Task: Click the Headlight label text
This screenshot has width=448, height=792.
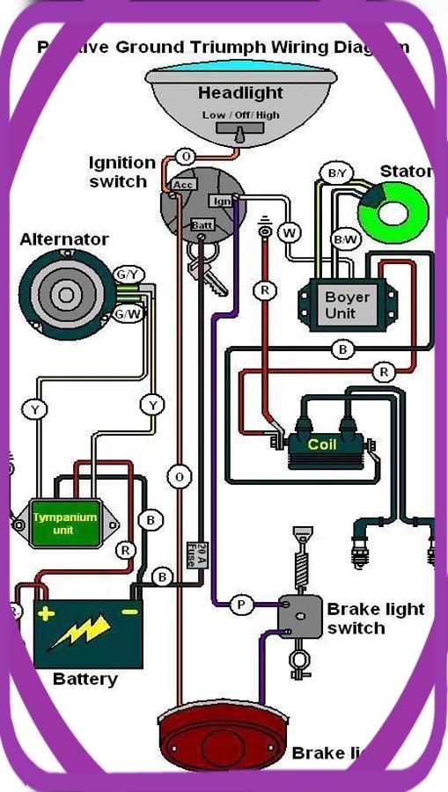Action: tap(240, 93)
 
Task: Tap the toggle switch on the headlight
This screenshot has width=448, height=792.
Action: tap(239, 132)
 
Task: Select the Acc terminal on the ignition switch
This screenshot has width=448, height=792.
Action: tap(183, 185)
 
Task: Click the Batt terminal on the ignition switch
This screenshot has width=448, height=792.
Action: tap(202, 225)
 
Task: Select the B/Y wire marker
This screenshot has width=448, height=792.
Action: tap(337, 173)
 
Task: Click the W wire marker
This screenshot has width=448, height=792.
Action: tap(289, 233)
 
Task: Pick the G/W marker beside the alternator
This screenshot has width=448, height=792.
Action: tap(129, 313)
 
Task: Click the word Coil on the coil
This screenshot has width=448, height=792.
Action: tap(322, 444)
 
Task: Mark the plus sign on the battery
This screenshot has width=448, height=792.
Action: tap(46, 612)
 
